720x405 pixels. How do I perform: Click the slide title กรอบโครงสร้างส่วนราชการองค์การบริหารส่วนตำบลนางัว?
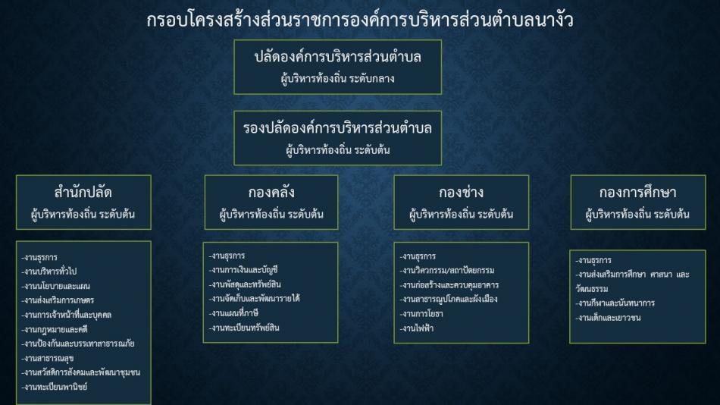pyautogui.click(x=360, y=20)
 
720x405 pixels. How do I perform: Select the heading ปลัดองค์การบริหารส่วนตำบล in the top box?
pyautogui.click(x=337, y=57)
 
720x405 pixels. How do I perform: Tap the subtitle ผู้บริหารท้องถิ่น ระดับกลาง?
pyautogui.click(x=337, y=79)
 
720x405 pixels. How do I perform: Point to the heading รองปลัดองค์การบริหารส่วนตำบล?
pyautogui.click(x=337, y=128)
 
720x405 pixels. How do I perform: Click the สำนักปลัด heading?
pyautogui.click(x=83, y=192)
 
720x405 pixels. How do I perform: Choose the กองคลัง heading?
pyautogui.click(x=271, y=192)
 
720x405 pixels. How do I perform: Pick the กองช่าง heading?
pyautogui.click(x=461, y=192)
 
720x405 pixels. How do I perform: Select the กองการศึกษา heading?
pyautogui.click(x=638, y=192)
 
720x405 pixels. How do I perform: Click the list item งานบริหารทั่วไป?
pyautogui.click(x=49, y=272)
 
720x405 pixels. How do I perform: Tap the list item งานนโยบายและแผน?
pyautogui.click(x=56, y=286)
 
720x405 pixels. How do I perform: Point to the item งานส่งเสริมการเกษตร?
pyautogui.click(x=58, y=300)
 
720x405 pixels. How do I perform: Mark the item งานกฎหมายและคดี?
pyautogui.click(x=55, y=330)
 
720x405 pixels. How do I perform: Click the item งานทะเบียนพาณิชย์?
pyautogui.click(x=55, y=387)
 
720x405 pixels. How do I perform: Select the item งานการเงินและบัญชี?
pyautogui.click(x=243, y=270)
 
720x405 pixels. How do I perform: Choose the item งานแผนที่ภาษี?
pyautogui.click(x=233, y=313)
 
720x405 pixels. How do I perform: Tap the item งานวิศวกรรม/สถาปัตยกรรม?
pyautogui.click(x=447, y=270)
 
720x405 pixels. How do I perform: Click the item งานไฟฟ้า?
pyautogui.click(x=417, y=328)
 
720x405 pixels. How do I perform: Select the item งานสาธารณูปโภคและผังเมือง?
pyautogui.click(x=449, y=300)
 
